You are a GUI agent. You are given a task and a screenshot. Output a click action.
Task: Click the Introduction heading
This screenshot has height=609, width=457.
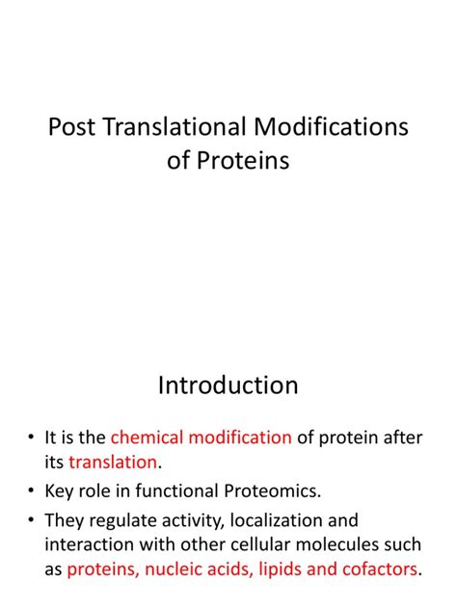(x=228, y=385)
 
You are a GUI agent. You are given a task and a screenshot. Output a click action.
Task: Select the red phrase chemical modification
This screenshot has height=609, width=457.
(x=201, y=437)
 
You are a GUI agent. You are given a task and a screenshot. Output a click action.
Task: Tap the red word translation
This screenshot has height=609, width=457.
(x=111, y=463)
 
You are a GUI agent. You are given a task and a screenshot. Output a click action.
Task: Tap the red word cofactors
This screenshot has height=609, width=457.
(x=373, y=569)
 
